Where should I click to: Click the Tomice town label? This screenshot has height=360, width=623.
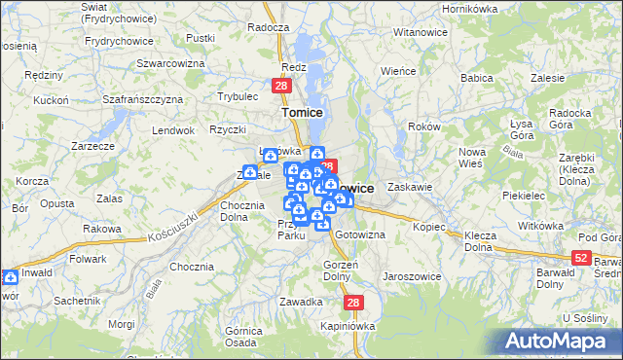(x=302, y=113)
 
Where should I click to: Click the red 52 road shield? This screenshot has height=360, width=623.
(x=581, y=257)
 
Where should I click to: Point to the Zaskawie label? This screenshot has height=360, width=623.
(x=409, y=187)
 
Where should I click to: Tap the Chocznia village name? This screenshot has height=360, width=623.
(x=191, y=267)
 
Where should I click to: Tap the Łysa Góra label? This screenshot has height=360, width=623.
(x=526, y=128)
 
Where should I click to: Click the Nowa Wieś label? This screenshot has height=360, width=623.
(x=472, y=158)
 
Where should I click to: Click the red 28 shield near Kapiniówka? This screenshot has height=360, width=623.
(x=353, y=303)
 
